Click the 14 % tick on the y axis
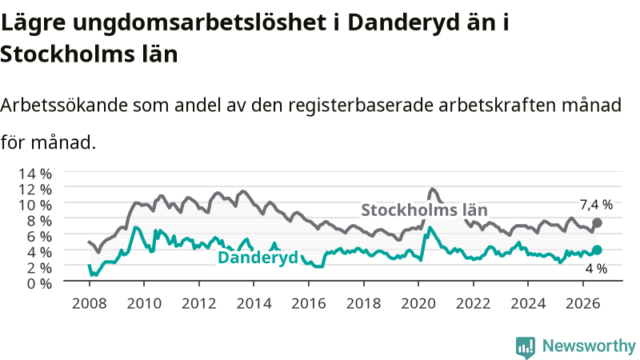[35, 174]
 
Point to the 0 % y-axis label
[39, 283]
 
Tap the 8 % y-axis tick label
[39, 221]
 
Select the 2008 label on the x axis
[89, 304]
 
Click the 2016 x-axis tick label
[309, 304]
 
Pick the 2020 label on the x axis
[418, 304]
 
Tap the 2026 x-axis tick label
[583, 304]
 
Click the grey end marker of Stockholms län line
[597, 223]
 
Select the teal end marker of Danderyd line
[597, 250]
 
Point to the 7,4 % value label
[596, 205]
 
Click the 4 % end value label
[596, 269]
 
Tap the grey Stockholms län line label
[425, 210]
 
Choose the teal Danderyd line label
[258, 258]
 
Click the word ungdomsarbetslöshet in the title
[199, 23]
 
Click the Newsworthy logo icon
[526, 347]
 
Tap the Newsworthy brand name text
[589, 346]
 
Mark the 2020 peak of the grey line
[432, 189]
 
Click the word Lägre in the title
[33, 23]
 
